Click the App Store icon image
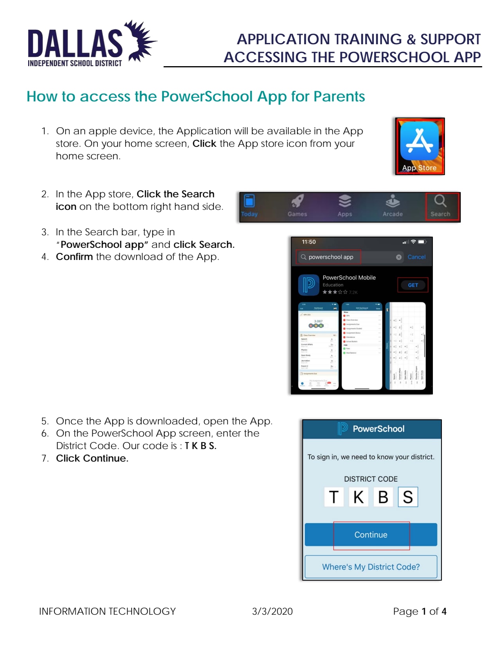[x=419, y=146]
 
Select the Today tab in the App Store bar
[x=249, y=206]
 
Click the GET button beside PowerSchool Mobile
[x=413, y=285]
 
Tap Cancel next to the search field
[x=416, y=257]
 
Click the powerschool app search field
[x=330, y=257]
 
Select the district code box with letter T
[x=333, y=497]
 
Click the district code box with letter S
[x=408, y=497]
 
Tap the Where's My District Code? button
[x=371, y=567]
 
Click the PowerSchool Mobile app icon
[x=308, y=285]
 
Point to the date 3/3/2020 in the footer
[x=272, y=611]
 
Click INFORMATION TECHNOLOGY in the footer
[x=107, y=611]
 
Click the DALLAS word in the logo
[x=75, y=43]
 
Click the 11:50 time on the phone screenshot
[x=308, y=242]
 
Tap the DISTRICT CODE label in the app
[x=371, y=479]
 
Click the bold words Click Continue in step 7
[x=92, y=458]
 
